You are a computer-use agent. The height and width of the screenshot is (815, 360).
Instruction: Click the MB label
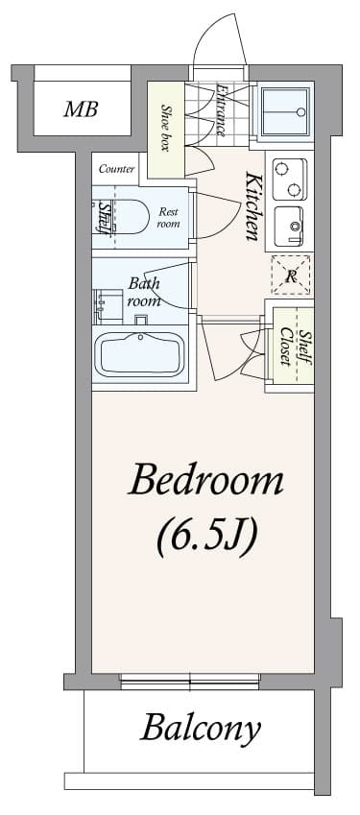coord(81,109)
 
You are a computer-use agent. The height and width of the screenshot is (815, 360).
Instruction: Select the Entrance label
coord(222,109)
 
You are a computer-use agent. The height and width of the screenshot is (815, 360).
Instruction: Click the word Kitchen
coord(254,206)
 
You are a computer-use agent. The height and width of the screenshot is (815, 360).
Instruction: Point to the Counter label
coord(115,169)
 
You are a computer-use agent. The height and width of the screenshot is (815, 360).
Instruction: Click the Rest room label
coord(169,217)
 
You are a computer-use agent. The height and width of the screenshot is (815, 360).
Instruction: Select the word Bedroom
coord(205,480)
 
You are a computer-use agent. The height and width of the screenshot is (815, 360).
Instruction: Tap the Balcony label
coord(201,729)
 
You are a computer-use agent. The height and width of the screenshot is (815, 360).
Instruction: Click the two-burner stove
coord(288,177)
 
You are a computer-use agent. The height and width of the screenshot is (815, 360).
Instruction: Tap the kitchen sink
coord(289,227)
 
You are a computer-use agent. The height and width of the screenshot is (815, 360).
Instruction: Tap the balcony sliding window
coord(190,683)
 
